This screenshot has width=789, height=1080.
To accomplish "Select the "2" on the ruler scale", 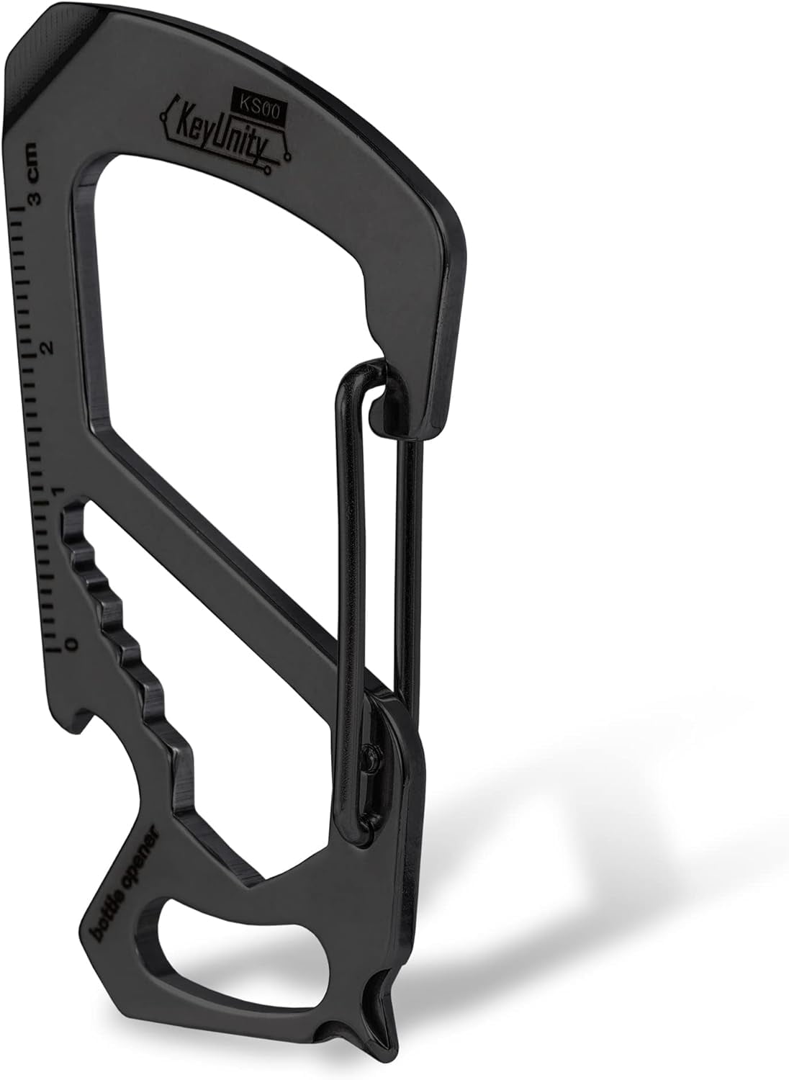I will pyautogui.click(x=48, y=348).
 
